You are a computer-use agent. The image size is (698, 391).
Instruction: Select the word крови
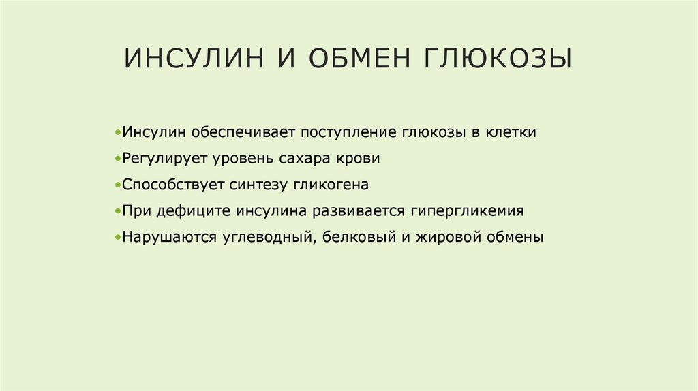click(x=358, y=159)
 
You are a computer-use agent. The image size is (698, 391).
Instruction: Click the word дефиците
click(x=194, y=212)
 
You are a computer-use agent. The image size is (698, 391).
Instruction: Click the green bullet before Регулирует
click(x=119, y=159)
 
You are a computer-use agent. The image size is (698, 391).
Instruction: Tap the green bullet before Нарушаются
click(x=119, y=238)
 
